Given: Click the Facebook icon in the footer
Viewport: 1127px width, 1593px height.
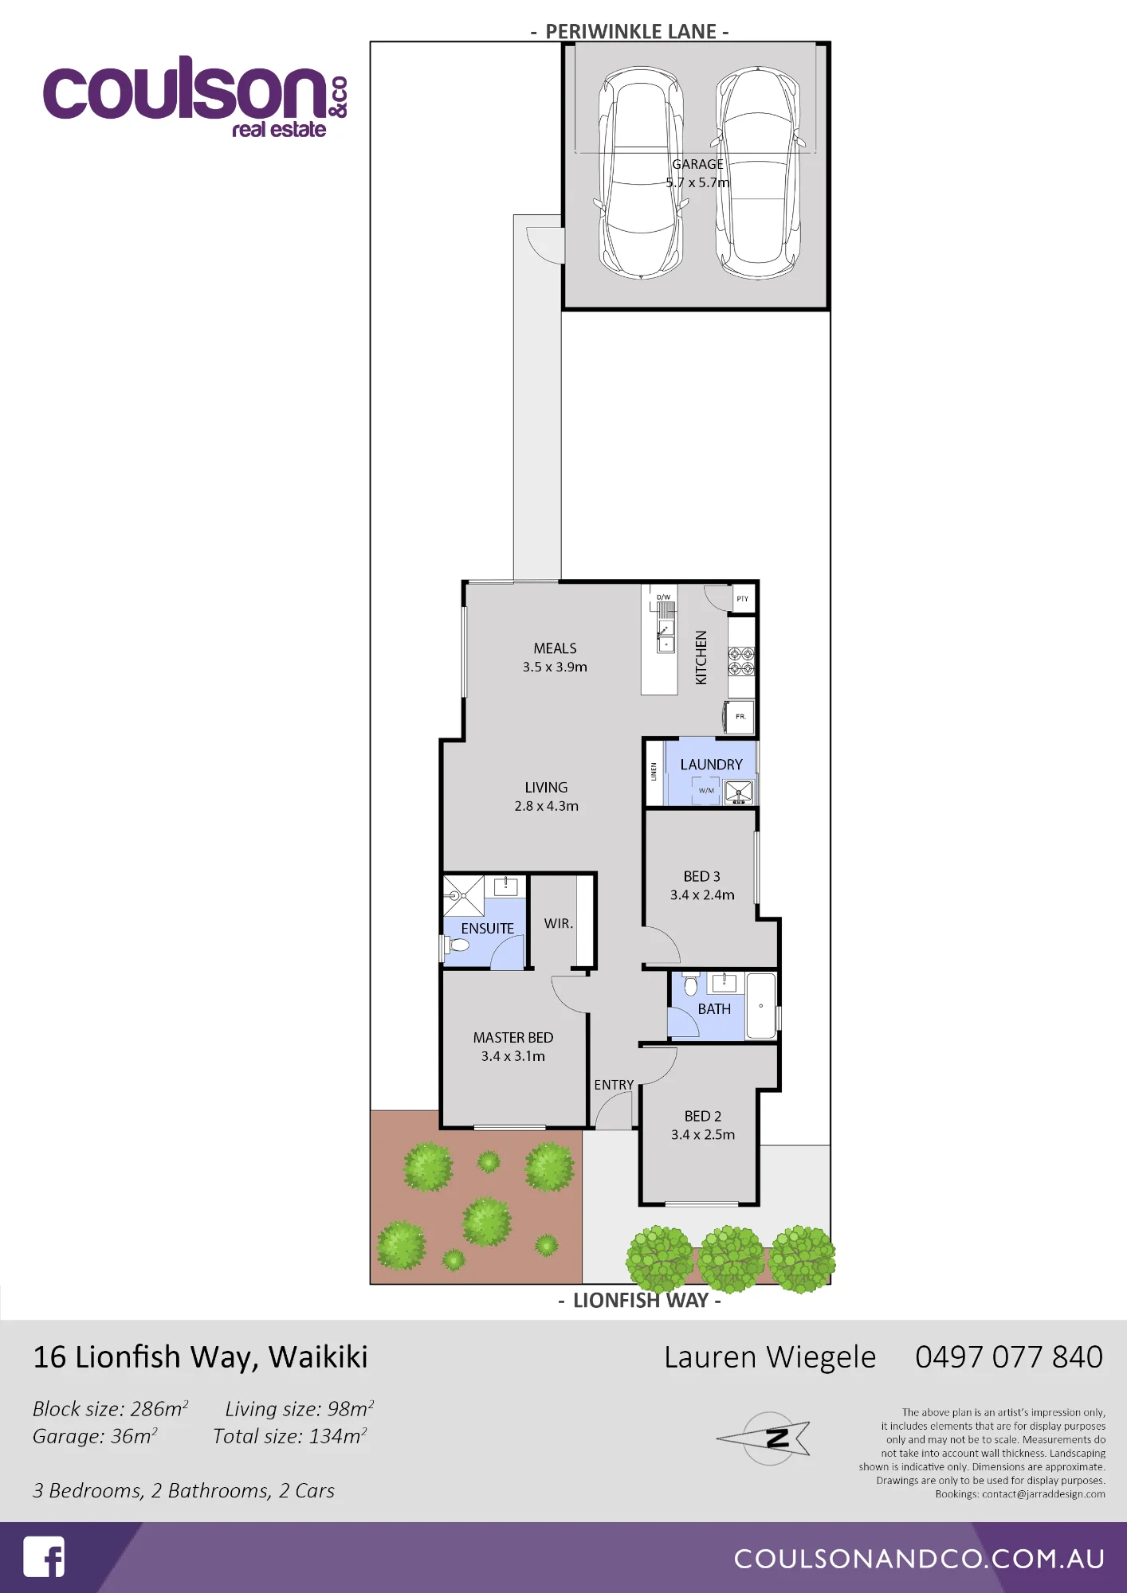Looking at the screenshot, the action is tap(44, 1556).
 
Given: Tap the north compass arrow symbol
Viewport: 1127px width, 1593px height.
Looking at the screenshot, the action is tap(764, 1438).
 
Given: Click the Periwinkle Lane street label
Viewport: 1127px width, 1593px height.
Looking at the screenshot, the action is tap(630, 31).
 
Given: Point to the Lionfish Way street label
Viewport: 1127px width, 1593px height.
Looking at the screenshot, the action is tap(640, 1300).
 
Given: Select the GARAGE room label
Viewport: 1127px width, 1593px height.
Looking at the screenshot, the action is tap(697, 164).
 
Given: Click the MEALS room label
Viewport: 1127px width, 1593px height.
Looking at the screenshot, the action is tap(555, 648).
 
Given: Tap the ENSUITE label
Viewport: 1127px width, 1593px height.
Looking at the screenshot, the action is tap(487, 928).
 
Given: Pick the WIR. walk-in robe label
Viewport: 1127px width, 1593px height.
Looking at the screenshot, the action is tap(558, 923).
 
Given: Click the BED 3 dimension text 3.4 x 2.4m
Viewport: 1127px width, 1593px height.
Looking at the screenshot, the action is tap(702, 894).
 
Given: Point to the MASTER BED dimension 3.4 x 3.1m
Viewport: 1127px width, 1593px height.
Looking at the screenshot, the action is tap(512, 1056).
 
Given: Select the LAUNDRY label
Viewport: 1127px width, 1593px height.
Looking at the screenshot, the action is tap(711, 765).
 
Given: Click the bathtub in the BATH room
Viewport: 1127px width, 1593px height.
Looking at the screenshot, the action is tap(761, 1006).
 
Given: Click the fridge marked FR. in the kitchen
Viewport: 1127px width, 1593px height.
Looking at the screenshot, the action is tap(739, 716).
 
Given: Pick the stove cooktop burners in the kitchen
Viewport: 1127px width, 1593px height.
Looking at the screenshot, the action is tap(741, 660).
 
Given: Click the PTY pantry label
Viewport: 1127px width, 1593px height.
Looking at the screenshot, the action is tap(742, 599).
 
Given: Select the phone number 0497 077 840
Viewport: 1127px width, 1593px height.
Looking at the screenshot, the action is tap(1008, 1356).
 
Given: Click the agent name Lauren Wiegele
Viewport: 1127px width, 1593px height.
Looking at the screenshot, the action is tap(770, 1357).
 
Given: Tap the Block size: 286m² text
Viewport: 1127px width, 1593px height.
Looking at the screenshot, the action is tap(111, 1408).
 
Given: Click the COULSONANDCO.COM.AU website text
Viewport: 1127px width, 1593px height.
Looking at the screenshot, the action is tap(919, 1559).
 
